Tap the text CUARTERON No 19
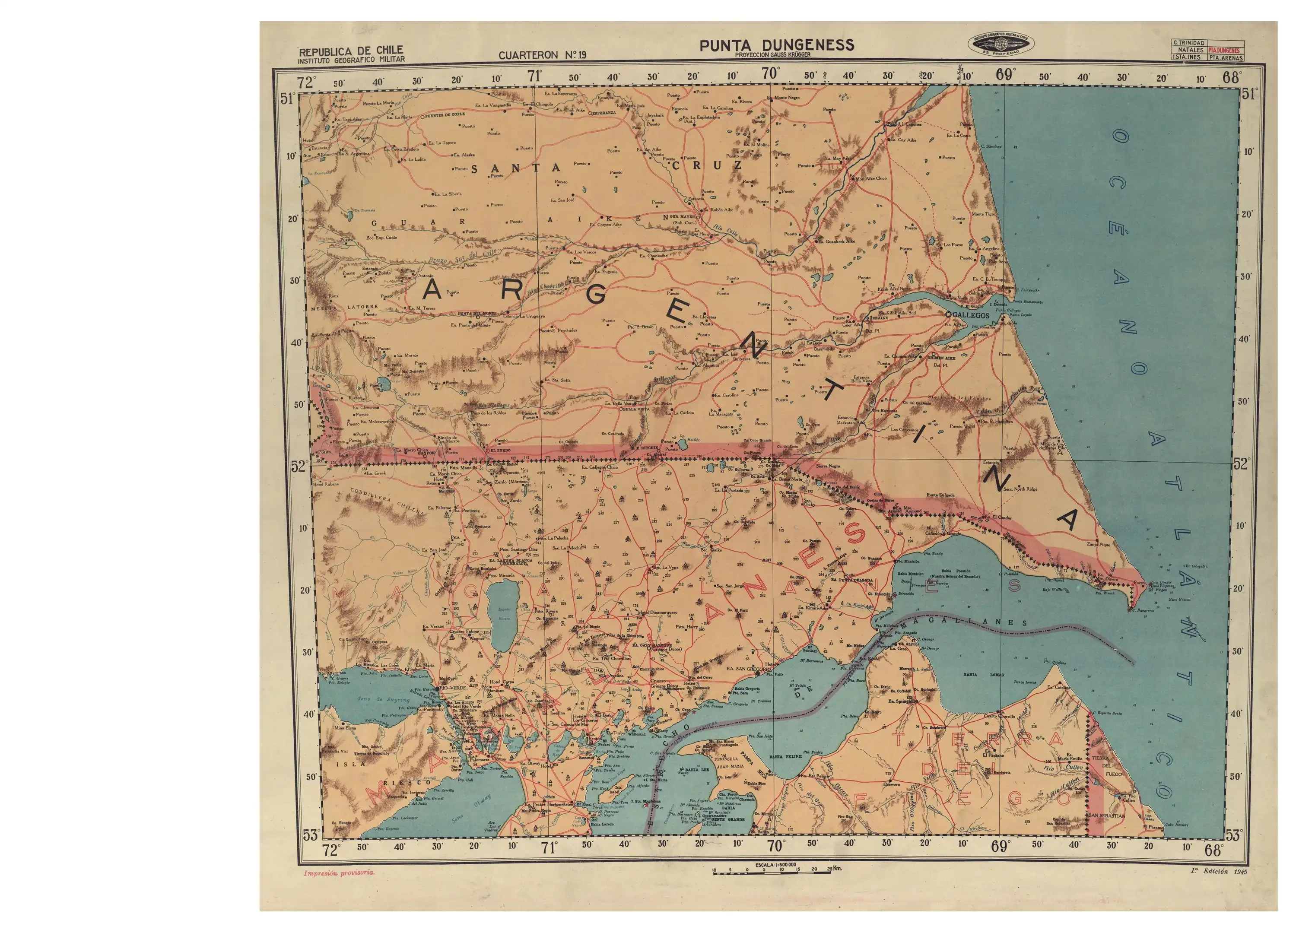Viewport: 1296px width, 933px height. click(x=542, y=55)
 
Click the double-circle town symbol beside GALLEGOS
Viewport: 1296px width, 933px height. click(x=948, y=314)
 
